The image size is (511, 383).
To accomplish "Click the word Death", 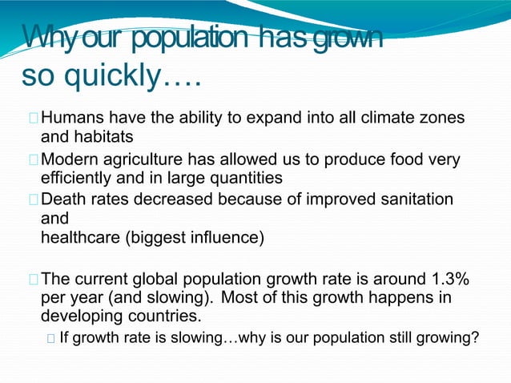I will (x=62, y=198).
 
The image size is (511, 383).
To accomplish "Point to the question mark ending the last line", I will (x=475, y=337).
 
